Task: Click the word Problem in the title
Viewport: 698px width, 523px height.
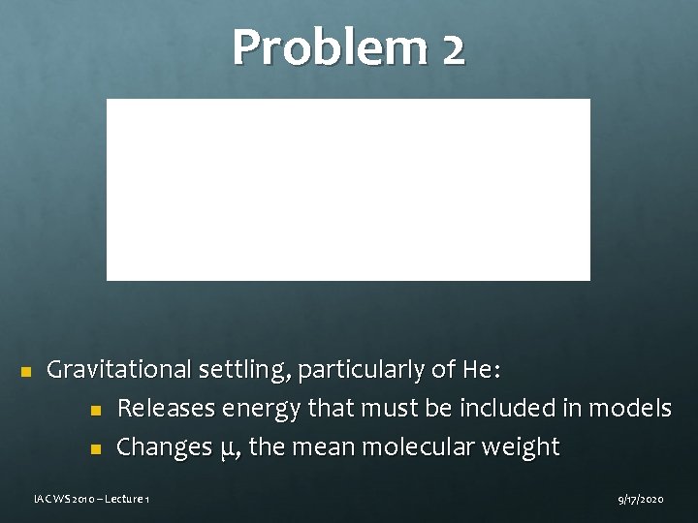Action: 326,47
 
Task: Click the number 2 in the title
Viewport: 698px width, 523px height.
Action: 452,47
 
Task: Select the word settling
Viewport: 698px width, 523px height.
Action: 242,370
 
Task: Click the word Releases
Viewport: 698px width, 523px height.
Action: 166,409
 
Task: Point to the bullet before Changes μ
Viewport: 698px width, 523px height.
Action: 95,448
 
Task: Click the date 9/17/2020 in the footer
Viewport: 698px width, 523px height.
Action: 639,498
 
